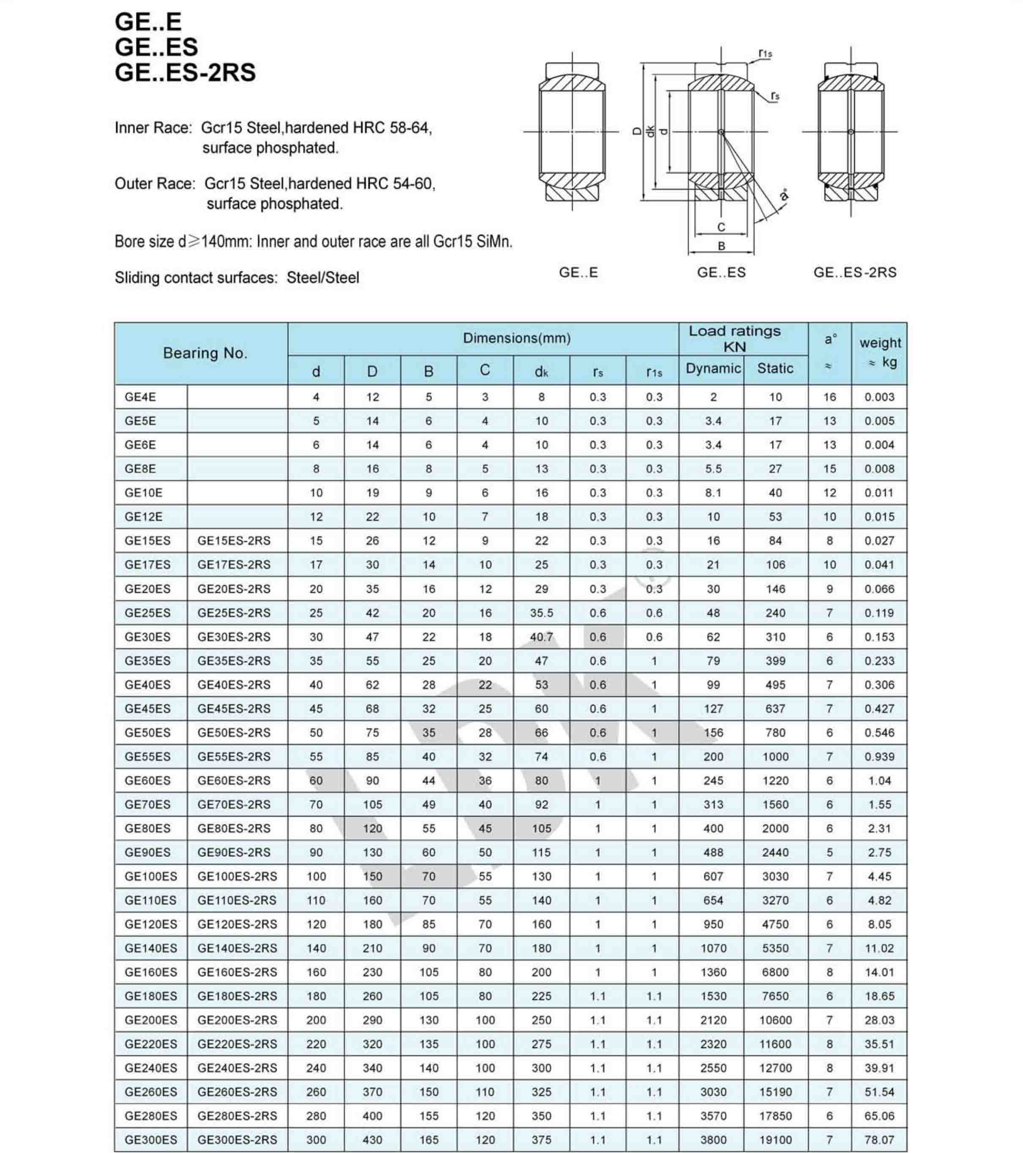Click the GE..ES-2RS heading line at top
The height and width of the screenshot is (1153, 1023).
point(185,73)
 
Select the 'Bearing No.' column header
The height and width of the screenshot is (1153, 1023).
point(205,353)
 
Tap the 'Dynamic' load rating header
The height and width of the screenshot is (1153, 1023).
point(713,368)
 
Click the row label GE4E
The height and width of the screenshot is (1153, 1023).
point(141,397)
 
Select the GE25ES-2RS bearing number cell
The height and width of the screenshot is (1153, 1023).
point(234,613)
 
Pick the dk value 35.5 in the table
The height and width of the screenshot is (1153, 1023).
point(541,613)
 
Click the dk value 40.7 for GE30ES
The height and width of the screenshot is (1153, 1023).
point(541,637)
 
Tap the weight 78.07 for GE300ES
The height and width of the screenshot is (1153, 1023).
point(879,1139)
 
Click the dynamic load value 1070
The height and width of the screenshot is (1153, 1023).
point(713,948)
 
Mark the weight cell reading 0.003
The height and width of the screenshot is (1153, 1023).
point(879,397)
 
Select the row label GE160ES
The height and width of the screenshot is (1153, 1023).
point(151,972)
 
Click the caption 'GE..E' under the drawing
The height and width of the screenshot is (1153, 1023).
point(578,273)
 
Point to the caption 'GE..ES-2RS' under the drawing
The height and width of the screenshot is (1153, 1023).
point(854,273)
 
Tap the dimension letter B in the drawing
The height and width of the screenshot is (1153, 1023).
point(721,246)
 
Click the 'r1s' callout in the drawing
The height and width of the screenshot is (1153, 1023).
point(765,54)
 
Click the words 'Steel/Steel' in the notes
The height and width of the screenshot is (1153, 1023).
point(323,278)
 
